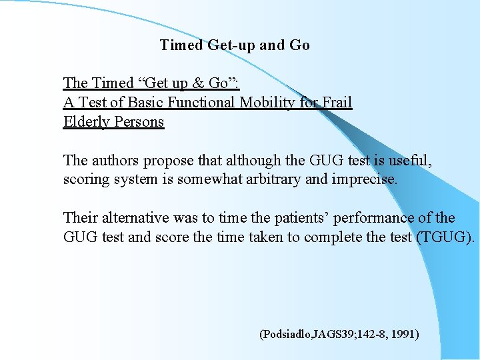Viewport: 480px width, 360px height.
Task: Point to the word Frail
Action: (x=337, y=103)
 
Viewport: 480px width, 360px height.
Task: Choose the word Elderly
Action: (x=87, y=122)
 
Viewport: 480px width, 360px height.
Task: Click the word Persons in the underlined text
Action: (x=139, y=122)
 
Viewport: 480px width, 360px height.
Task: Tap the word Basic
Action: (x=145, y=103)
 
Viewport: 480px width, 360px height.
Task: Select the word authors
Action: (x=113, y=161)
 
